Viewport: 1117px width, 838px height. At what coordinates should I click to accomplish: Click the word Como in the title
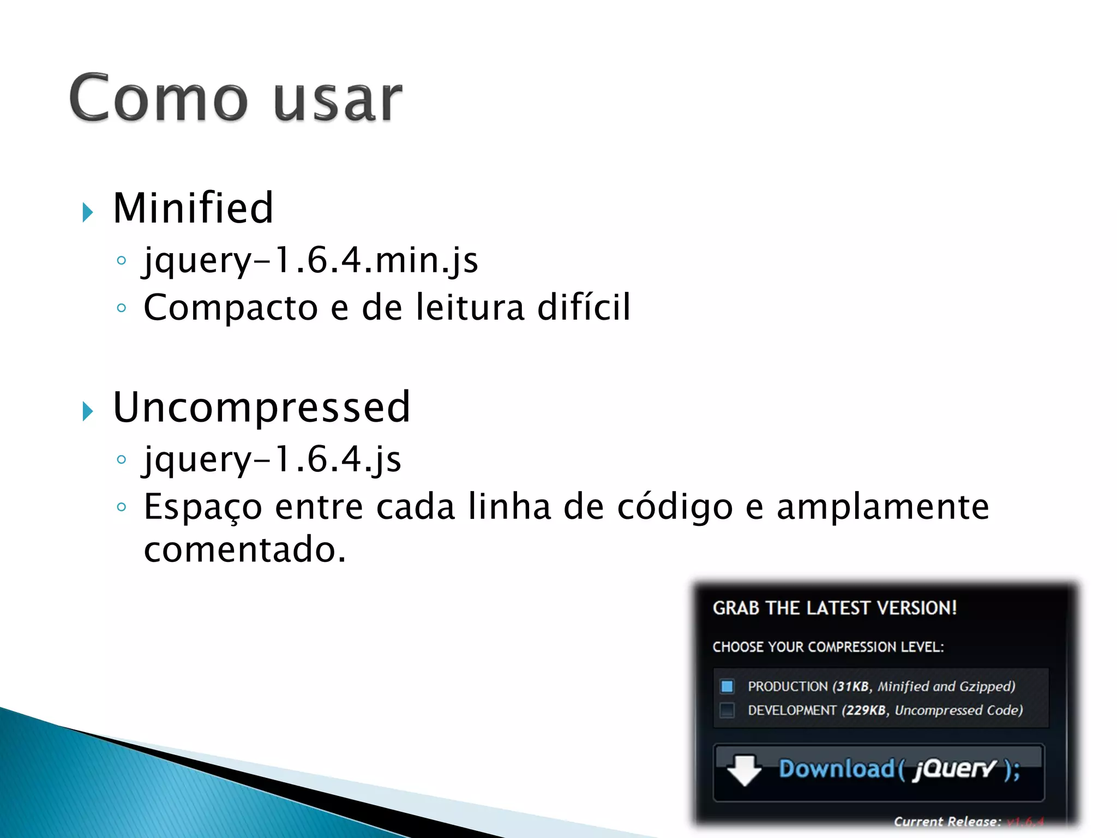158,98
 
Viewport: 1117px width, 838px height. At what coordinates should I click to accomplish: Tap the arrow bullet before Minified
88,212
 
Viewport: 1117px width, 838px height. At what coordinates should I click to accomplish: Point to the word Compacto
230,308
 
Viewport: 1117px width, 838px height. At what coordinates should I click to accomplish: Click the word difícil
584,307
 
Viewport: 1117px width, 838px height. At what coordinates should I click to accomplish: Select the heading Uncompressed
261,407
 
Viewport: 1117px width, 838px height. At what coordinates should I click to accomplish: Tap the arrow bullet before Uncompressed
88,411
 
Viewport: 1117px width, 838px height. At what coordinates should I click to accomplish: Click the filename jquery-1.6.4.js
272,459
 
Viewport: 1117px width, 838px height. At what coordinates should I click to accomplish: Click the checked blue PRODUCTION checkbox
727,686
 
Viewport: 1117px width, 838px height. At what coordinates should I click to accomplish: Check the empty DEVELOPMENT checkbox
727,710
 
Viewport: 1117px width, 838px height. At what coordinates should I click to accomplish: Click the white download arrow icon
744,770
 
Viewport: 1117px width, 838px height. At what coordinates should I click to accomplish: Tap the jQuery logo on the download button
954,769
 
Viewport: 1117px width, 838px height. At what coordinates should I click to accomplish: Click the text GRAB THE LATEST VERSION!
834,608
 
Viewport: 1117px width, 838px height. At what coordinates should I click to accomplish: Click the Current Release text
947,821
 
